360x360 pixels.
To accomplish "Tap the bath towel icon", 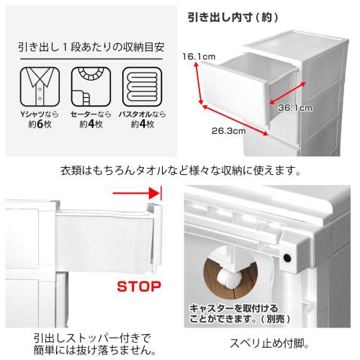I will [x=140, y=86].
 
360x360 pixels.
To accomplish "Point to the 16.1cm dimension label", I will [x=194, y=55].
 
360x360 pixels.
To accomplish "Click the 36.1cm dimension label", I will [x=294, y=108].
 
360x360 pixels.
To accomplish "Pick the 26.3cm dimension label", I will [x=228, y=132].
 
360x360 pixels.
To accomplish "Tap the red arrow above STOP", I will [x=137, y=193].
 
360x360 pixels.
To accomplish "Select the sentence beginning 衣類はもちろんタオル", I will [x=180, y=171].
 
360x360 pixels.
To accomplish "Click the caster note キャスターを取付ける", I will [x=232, y=308].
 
